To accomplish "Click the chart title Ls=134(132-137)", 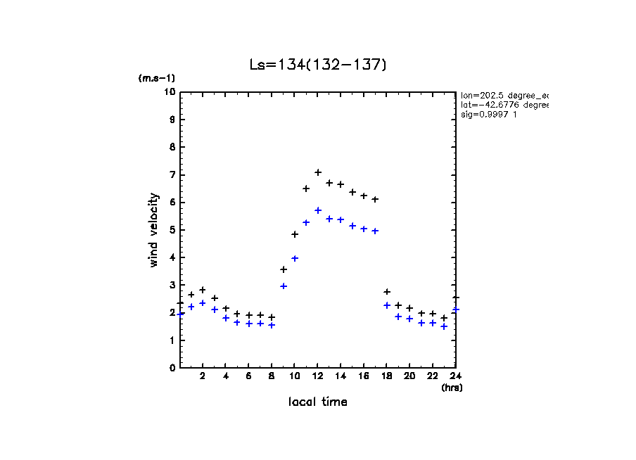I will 318,65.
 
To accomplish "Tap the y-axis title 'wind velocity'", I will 154,230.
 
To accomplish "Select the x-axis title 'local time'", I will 318,402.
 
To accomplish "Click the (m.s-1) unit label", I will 157,79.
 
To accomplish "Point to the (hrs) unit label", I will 452,388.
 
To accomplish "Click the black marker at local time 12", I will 318,172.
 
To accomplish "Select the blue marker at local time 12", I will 318,210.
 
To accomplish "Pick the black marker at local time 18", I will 387,292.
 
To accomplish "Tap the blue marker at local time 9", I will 284,286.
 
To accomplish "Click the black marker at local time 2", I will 203,290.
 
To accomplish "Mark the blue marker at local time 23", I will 444,326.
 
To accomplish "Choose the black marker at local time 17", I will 375,200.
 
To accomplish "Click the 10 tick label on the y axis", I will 170,92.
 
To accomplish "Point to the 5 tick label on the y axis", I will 172,230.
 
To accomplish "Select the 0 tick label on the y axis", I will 172,368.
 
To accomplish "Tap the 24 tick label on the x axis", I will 456,377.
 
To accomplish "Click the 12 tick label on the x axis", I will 318,377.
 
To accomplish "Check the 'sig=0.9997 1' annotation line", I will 489,114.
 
